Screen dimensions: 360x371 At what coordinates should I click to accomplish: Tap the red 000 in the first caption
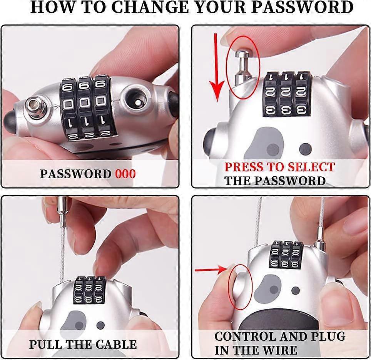pos(125,174)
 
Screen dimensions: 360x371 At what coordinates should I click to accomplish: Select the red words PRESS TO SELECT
pos(279,167)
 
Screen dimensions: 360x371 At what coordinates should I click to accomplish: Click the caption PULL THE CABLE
pos(83,344)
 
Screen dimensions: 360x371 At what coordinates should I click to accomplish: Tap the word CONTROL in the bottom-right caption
pos(245,336)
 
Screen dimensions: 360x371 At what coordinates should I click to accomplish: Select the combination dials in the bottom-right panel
pos(286,255)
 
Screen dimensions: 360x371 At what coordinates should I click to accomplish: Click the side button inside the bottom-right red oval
pos(238,285)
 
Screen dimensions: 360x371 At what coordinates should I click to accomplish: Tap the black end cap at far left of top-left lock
pos(10,121)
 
